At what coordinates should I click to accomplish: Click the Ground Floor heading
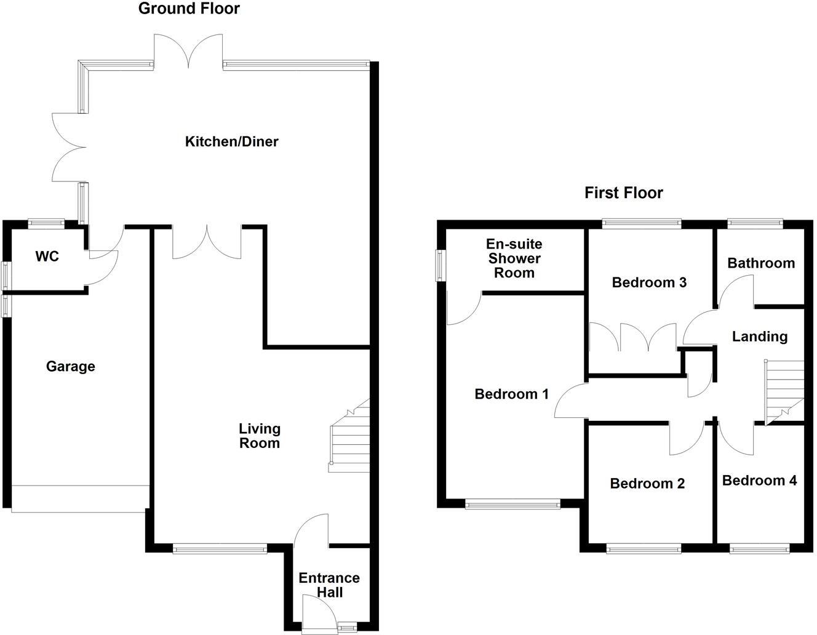click(189, 9)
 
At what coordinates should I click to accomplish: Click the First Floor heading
click(623, 193)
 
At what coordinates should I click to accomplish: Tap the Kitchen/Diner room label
click(231, 142)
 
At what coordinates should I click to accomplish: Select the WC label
click(47, 256)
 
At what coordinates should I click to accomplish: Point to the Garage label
click(70, 367)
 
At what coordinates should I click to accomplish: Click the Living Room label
click(259, 436)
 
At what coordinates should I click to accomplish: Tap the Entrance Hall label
click(329, 585)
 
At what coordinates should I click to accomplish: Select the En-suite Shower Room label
click(514, 258)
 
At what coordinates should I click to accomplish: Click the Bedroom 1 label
click(511, 394)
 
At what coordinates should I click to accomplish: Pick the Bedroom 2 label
click(647, 484)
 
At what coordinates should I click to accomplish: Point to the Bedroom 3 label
click(649, 282)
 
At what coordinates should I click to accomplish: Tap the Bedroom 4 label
click(759, 481)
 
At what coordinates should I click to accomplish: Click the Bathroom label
click(760, 263)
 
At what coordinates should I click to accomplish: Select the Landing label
click(759, 337)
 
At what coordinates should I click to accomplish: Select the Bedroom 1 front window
click(512, 505)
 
